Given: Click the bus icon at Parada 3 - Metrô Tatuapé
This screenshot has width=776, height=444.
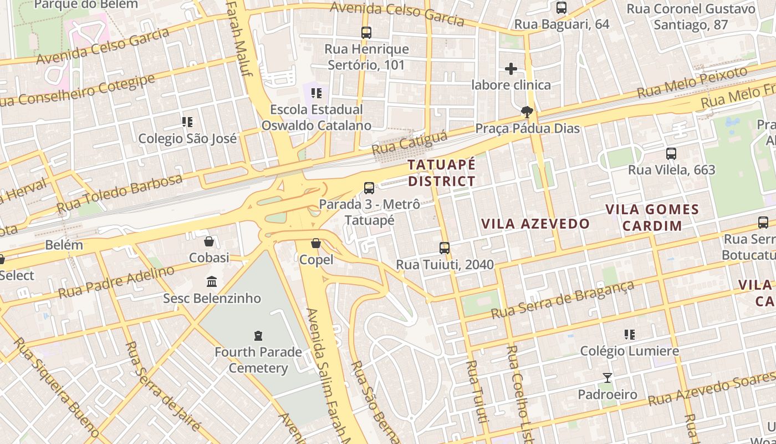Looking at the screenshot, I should (369, 188).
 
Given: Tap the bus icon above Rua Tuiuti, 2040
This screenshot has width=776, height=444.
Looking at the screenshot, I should (445, 248).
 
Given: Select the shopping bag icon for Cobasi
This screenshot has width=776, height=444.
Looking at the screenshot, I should (209, 241).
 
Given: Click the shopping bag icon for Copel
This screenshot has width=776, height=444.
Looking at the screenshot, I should (316, 243).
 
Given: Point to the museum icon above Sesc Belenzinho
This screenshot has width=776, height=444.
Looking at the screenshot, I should (212, 282).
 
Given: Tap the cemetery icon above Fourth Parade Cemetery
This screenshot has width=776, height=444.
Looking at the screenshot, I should (258, 335).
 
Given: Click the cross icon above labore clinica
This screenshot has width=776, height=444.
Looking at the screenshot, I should (511, 69).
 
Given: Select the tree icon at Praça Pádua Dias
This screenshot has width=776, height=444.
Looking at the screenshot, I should (527, 113).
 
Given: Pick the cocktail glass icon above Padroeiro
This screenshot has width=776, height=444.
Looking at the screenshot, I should (607, 378).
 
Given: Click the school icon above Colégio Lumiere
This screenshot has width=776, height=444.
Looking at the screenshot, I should (629, 335).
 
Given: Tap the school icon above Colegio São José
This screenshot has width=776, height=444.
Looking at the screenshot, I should (187, 122).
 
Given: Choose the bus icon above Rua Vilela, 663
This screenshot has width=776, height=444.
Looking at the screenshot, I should (671, 154).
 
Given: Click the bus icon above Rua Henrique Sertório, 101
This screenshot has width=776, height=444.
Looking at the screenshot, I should (366, 33).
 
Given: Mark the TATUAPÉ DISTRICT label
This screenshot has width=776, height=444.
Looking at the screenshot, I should (442, 173).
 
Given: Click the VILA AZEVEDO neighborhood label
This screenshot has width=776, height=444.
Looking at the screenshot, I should (535, 224).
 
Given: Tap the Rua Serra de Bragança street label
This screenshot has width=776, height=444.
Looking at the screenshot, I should (562, 300).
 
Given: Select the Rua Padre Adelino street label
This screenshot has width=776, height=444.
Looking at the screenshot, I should (116, 282).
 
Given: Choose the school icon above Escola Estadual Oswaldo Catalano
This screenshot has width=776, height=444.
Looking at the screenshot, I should (316, 93).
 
